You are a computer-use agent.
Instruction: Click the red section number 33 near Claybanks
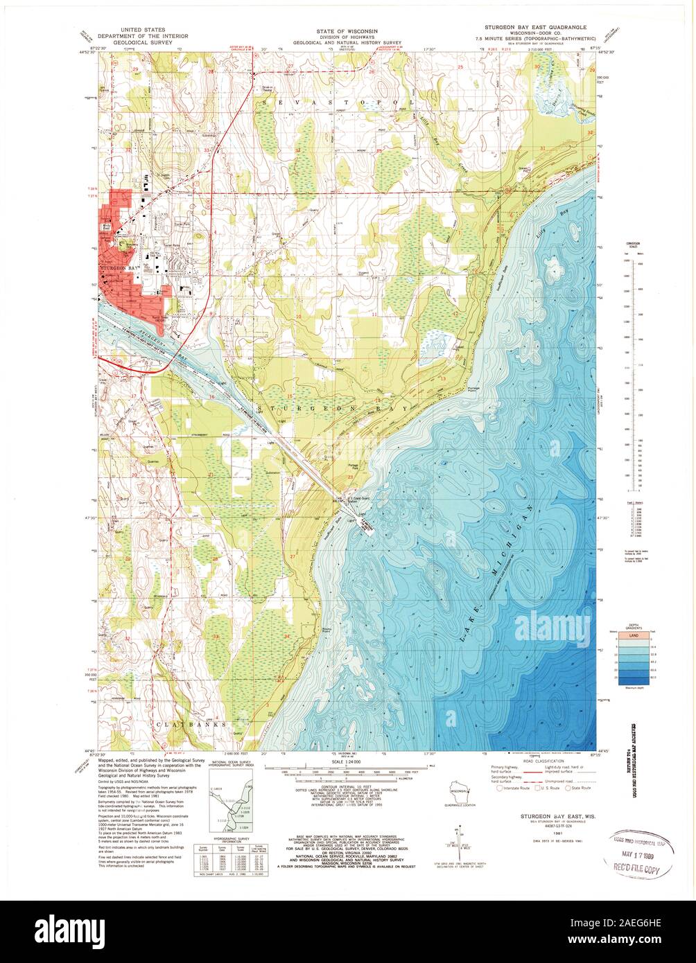click(216, 636)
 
